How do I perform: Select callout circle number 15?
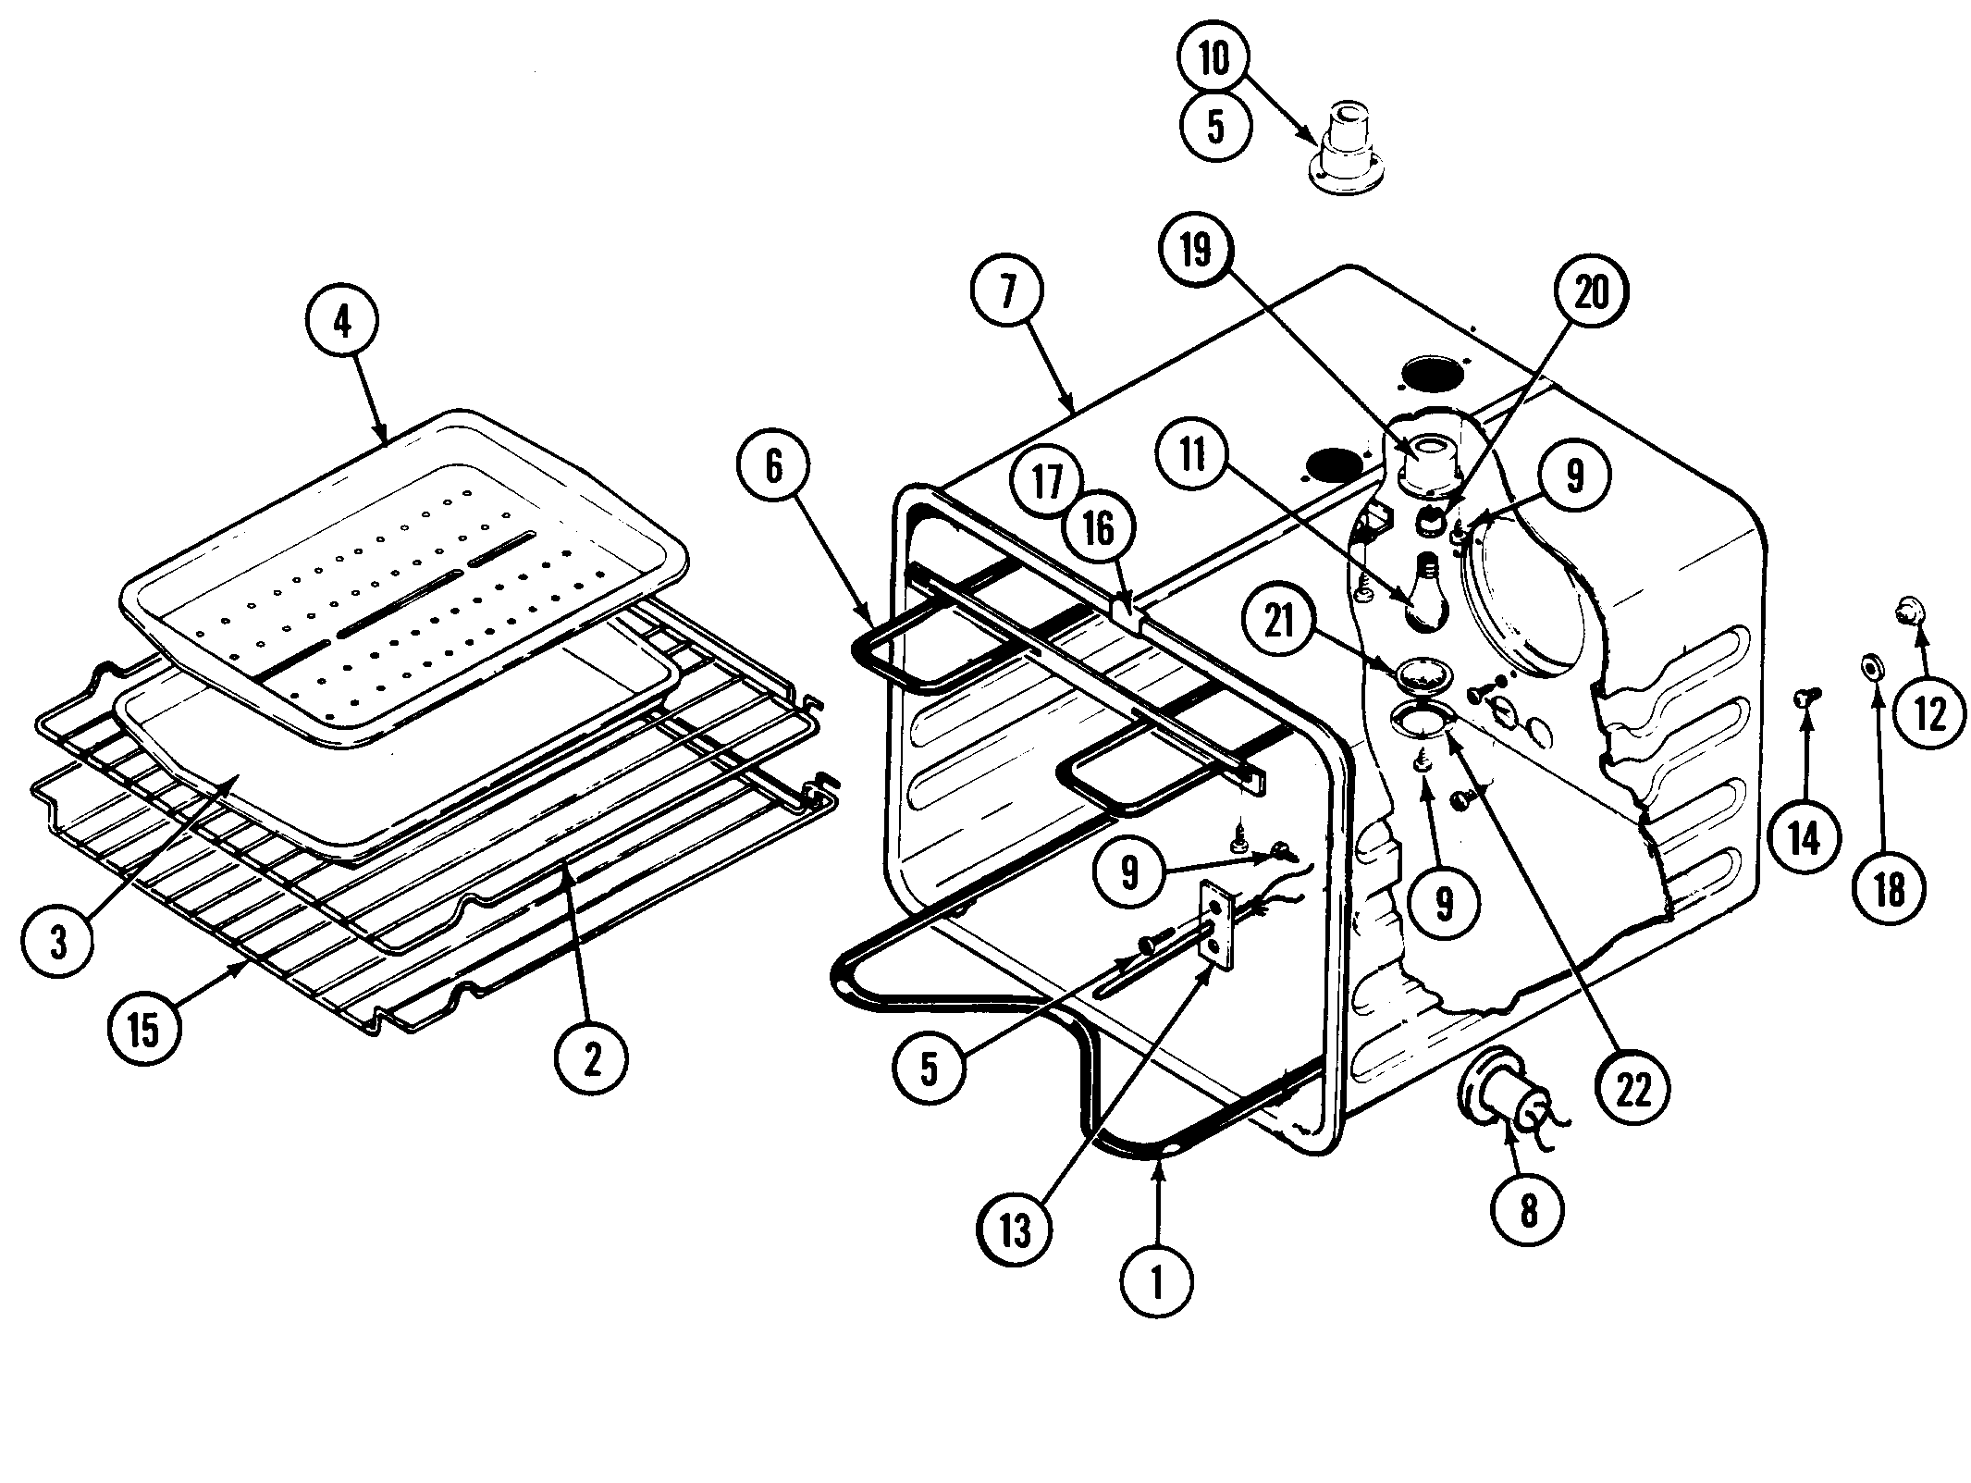143,1030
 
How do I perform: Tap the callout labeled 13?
1015,1230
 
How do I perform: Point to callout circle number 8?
1528,1208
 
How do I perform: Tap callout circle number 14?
1805,839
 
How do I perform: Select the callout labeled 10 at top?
1215,59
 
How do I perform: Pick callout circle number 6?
774,467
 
